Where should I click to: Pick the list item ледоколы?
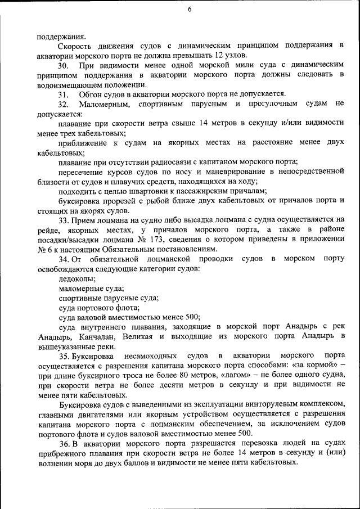(77, 278)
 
